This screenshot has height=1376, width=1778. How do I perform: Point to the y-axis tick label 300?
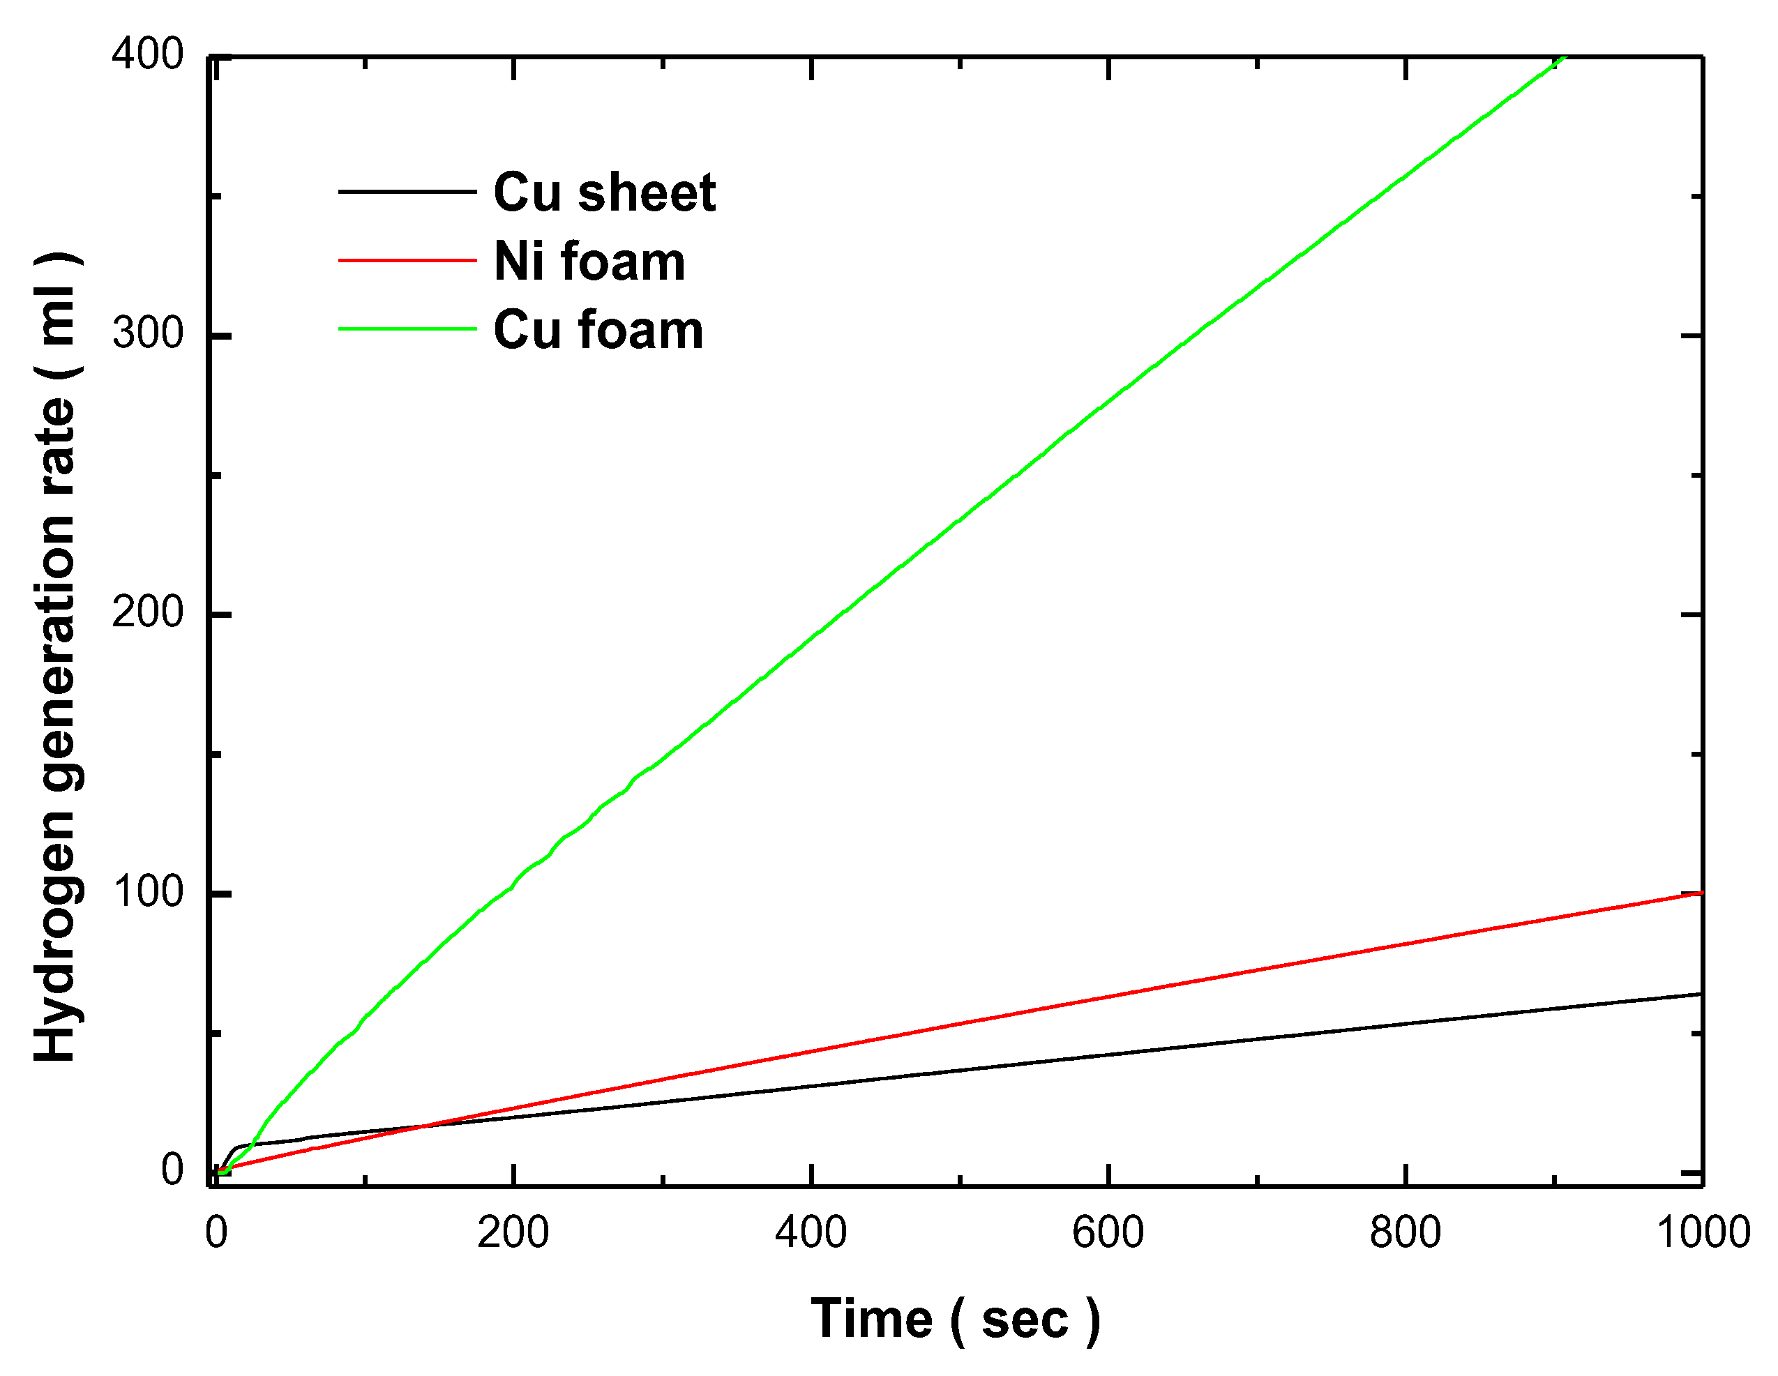(147, 334)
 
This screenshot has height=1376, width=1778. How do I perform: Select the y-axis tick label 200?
(147, 612)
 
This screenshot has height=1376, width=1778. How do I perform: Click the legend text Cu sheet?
(604, 193)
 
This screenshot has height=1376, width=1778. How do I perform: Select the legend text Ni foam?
(589, 262)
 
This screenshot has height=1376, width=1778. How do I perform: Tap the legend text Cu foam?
(598, 330)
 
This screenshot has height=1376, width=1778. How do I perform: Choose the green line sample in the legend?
(407, 329)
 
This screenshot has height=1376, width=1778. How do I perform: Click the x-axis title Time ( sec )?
(955, 1319)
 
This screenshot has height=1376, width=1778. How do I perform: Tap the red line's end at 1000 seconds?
(1700, 893)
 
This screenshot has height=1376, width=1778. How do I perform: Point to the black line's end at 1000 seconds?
(1700, 994)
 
